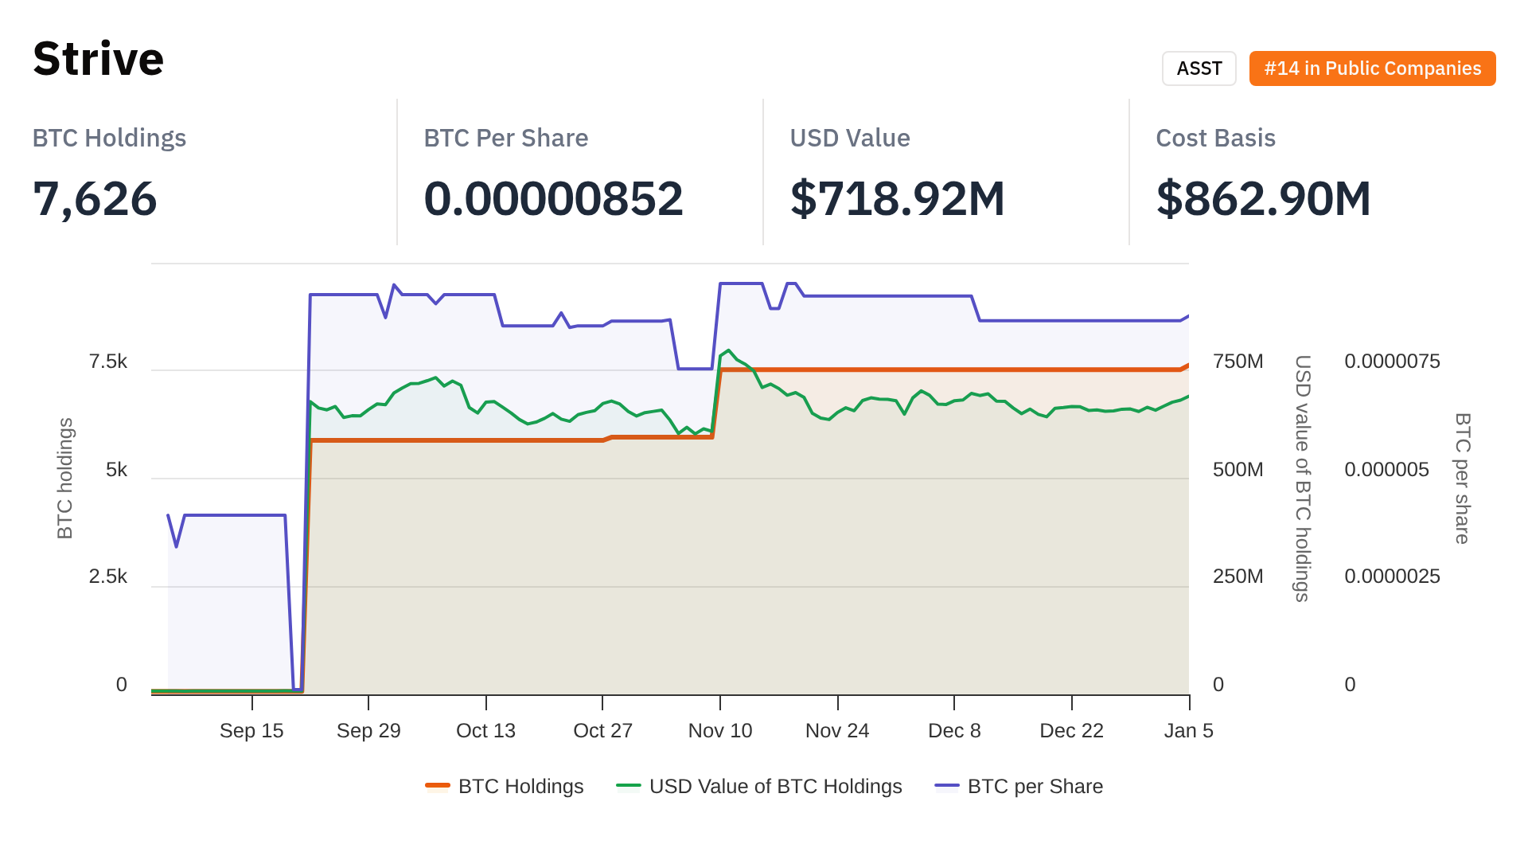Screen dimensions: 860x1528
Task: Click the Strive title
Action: pyautogui.click(x=98, y=59)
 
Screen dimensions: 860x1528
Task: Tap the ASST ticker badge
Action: pyautogui.click(x=1199, y=68)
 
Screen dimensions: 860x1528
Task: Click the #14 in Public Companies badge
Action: pyautogui.click(x=1372, y=68)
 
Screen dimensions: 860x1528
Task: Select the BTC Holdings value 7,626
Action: pyautogui.click(x=95, y=199)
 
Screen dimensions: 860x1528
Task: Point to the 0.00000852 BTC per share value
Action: pyautogui.click(x=553, y=199)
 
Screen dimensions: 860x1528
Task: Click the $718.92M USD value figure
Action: pyautogui.click(x=897, y=199)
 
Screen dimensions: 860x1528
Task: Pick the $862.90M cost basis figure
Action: pyautogui.click(x=1263, y=199)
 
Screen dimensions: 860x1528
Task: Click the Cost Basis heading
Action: pyautogui.click(x=1215, y=138)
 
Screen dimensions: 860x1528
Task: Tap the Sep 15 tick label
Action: pyautogui.click(x=251, y=731)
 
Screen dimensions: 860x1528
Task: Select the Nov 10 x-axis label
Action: pyautogui.click(x=719, y=731)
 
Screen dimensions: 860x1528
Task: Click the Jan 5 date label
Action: pyautogui.click(x=1188, y=731)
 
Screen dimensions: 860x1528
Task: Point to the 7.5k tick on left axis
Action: pyautogui.click(x=108, y=362)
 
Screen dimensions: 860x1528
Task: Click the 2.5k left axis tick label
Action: pyautogui.click(x=108, y=577)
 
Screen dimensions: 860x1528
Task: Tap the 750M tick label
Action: pyautogui.click(x=1238, y=362)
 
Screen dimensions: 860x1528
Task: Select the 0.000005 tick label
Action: pyautogui.click(x=1386, y=470)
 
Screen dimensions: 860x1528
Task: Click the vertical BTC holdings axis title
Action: pyautogui.click(x=65, y=478)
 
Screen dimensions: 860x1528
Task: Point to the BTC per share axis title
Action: pyautogui.click(x=1463, y=478)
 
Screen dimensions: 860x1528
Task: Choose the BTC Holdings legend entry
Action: pyautogui.click(x=505, y=787)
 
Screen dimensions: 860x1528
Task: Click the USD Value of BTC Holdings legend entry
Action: pyautogui.click(x=759, y=787)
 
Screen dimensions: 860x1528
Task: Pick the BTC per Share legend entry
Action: pyautogui.click(x=1019, y=787)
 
